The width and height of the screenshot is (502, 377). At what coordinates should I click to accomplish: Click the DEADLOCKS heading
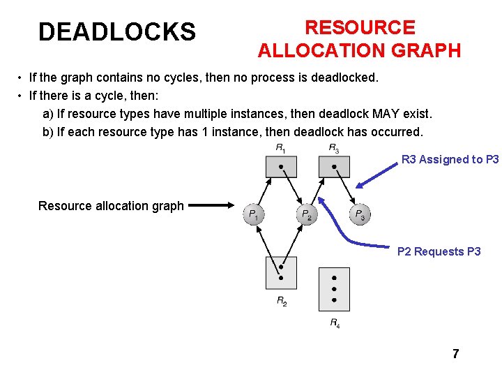pos(117,32)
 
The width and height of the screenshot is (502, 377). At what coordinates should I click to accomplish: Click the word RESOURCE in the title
pos(360,28)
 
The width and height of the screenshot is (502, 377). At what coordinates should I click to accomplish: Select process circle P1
pos(254,214)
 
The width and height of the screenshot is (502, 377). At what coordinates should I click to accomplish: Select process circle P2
pos(307,214)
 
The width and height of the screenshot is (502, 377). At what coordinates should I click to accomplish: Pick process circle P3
pos(359,214)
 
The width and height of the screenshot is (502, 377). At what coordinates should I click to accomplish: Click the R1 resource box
pos(280,166)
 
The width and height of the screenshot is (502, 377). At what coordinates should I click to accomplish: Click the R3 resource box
pos(334,166)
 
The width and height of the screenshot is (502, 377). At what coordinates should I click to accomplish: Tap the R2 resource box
pos(280,273)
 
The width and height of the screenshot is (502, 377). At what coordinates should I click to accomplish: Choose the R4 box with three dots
pos(334,288)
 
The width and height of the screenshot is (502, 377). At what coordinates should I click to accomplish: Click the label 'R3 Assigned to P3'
pos(450,159)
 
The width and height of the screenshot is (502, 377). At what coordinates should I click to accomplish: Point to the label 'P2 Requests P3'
pos(439,251)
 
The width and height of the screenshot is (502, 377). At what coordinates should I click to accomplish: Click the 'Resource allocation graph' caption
pos(111,205)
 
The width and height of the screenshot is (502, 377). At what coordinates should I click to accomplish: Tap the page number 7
pos(455,354)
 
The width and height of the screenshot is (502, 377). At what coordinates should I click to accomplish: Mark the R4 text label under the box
pos(335,323)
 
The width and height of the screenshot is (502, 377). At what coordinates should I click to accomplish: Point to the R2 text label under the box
pos(281,301)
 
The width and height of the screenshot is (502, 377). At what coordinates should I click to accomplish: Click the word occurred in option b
pos(398,132)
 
